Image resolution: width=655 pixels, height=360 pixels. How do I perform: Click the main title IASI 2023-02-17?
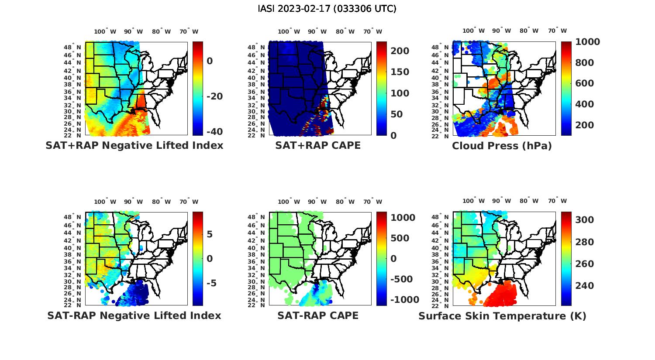(327, 9)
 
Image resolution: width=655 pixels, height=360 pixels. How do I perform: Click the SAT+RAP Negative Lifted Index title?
(134, 145)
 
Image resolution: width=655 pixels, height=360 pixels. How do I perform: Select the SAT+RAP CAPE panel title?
(318, 145)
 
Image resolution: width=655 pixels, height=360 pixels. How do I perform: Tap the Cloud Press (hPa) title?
(502, 146)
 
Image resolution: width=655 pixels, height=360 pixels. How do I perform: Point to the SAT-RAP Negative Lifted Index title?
(134, 315)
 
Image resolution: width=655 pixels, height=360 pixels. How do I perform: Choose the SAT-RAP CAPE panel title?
(318, 315)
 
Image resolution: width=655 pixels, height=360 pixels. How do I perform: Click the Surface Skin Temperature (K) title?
(502, 316)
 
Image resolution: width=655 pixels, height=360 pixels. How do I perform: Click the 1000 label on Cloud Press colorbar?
(587, 42)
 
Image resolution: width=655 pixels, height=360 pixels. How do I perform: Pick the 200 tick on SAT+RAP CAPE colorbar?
(400, 51)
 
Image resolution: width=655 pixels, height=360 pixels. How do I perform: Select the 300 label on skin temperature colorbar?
(585, 220)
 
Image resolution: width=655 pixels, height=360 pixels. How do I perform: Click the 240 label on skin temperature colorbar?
(585, 286)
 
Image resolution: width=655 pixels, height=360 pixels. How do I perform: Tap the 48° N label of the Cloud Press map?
(439, 48)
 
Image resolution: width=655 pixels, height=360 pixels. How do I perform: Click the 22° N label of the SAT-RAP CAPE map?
(256, 305)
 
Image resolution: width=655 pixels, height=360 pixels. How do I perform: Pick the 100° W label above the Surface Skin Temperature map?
(474, 201)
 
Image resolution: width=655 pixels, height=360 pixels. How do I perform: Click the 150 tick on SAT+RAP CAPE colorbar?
(400, 72)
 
